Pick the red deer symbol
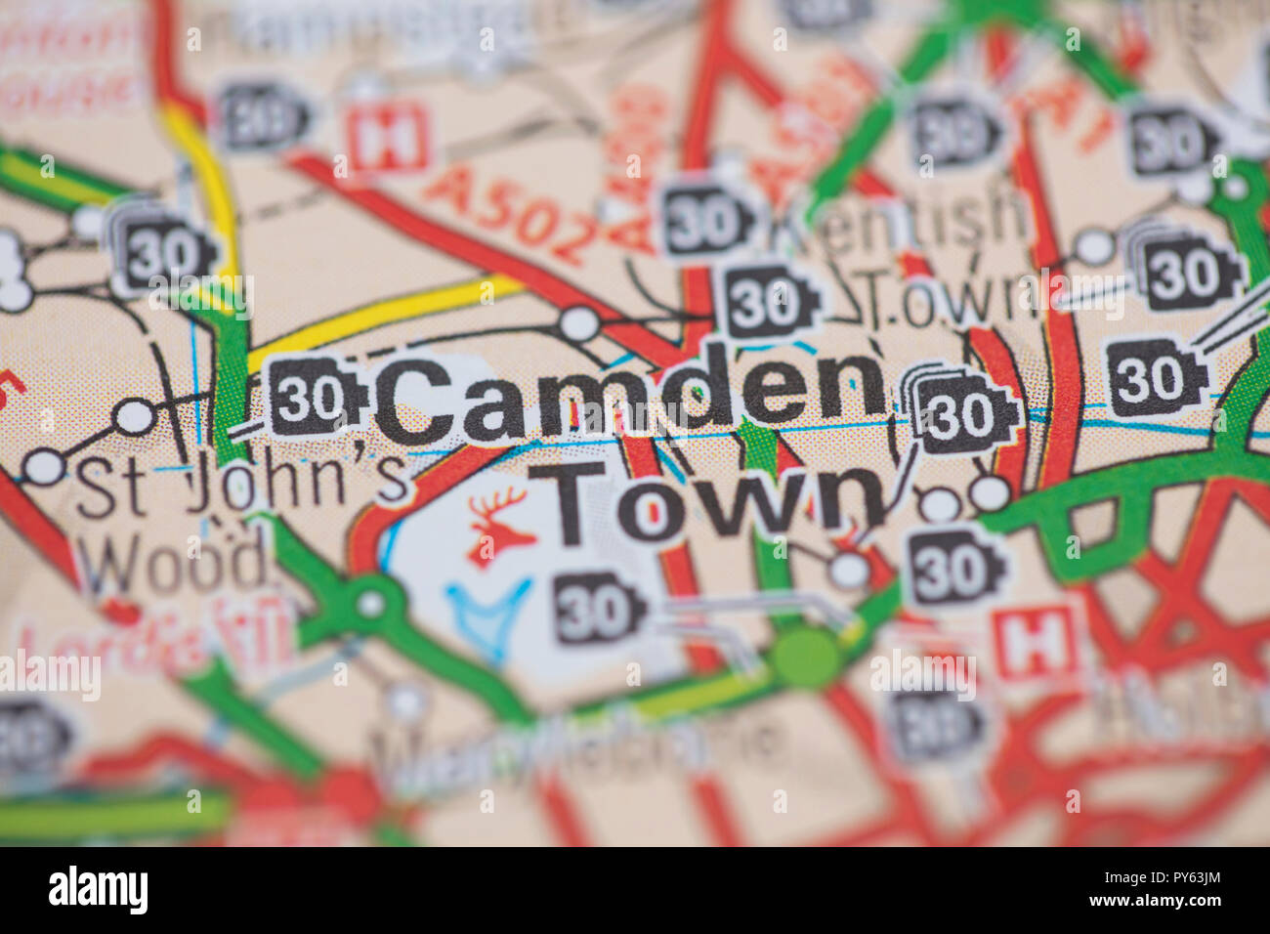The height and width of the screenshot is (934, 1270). (500, 529)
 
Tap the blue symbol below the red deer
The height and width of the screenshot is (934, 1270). (488, 615)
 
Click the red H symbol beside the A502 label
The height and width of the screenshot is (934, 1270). (389, 139)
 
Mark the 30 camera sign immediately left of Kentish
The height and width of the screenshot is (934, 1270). (708, 221)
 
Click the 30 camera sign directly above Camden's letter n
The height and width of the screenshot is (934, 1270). (772, 302)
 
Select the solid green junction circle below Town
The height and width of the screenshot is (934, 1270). (808, 657)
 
